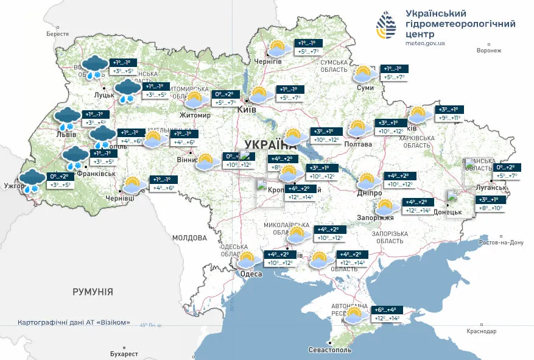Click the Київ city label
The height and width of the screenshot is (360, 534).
[x=247, y=110]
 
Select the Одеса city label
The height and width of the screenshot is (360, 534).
[x=251, y=274]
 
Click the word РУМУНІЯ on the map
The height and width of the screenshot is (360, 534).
[x=93, y=292]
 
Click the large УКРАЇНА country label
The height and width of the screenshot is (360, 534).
[x=270, y=144]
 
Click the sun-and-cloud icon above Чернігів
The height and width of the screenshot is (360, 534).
[x=279, y=49]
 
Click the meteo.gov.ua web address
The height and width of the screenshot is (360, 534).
[x=424, y=43]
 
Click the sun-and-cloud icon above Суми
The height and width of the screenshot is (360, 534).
[x=365, y=74]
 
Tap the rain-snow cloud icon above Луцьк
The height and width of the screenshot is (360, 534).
[x=94, y=66]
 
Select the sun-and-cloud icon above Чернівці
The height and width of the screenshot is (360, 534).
[x=133, y=185]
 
